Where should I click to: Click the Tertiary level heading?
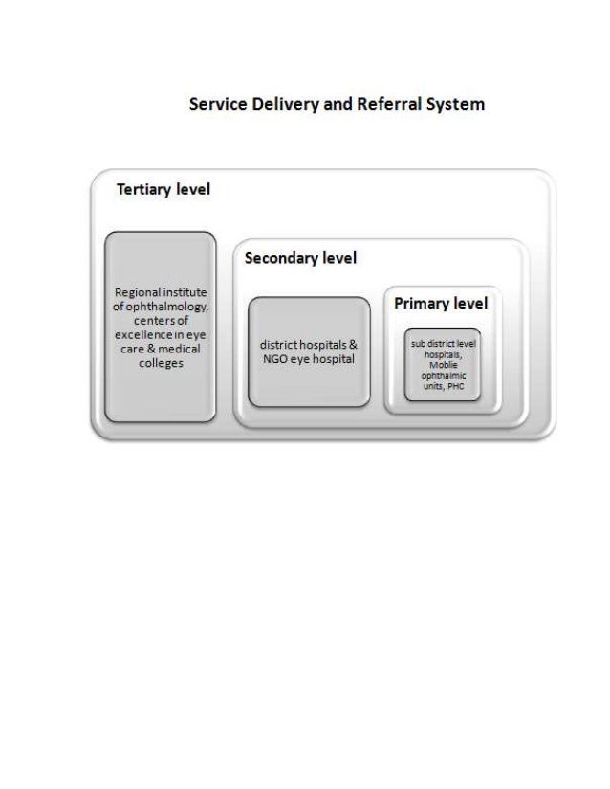[x=163, y=189]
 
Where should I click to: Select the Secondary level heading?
[x=300, y=258]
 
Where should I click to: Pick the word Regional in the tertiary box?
[x=137, y=292]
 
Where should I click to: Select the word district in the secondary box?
[x=275, y=345]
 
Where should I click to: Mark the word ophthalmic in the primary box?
[x=442, y=376]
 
